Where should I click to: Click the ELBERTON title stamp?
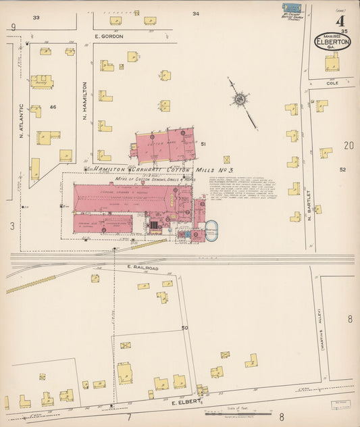pyautogui.click(x=332, y=43)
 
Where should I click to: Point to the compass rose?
pyautogui.click(x=240, y=99)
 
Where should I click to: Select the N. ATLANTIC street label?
pyautogui.click(x=22, y=121)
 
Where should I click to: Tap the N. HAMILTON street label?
pyautogui.click(x=85, y=101)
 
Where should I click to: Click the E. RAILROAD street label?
pyautogui.click(x=142, y=268)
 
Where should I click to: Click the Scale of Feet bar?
pyautogui.click(x=230, y=413)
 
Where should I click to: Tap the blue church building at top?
pyautogui.click(x=291, y=8)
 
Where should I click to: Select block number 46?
pyautogui.click(x=51, y=107)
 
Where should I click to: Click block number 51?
pyautogui.click(x=203, y=143)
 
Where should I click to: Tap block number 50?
pyautogui.click(x=184, y=328)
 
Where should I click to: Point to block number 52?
pyautogui.click(x=342, y=170)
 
